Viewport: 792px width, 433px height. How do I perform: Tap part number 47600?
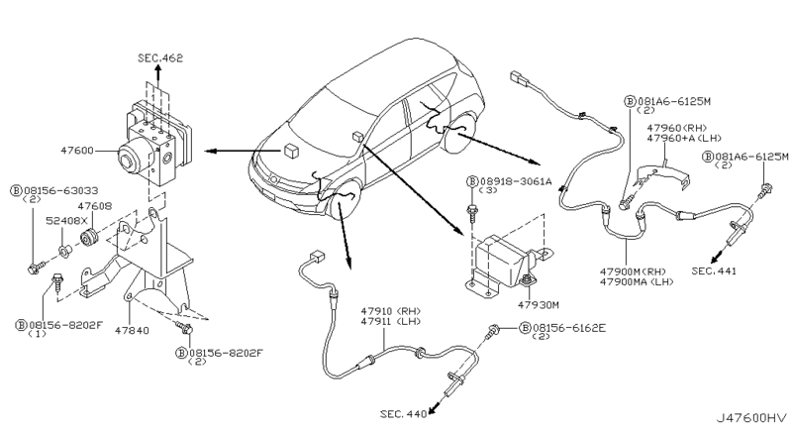[x=77, y=151]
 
